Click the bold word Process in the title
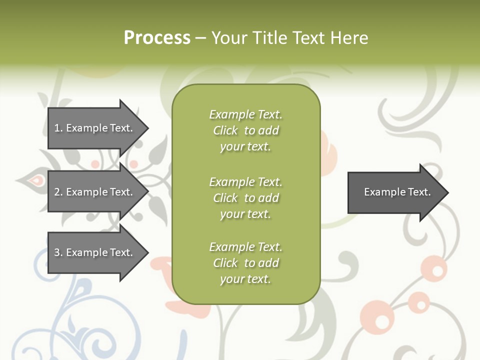pos(157,38)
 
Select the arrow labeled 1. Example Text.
pos(94,128)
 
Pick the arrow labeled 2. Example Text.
pos(94,192)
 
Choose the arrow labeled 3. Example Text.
pos(94,252)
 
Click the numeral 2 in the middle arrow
pos(57,192)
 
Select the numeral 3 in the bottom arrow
pos(57,252)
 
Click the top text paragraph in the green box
pos(245,130)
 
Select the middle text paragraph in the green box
pos(245,198)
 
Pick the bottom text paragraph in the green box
pos(245,263)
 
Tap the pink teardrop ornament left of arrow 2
pos(34,179)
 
